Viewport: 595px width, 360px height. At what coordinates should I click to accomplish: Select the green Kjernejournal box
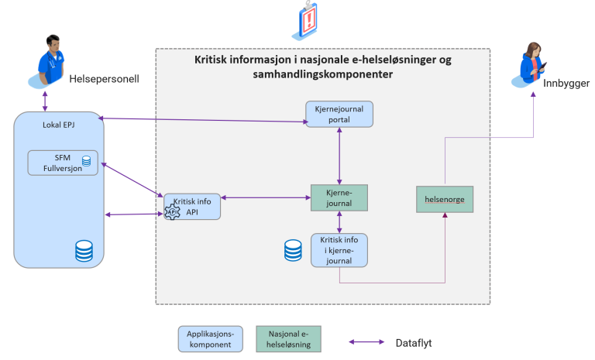coord(339,198)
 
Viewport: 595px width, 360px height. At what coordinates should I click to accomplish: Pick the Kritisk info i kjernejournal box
coord(339,249)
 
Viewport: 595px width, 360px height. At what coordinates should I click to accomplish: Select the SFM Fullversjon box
coord(63,162)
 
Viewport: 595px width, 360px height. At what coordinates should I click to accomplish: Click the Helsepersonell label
coord(104,77)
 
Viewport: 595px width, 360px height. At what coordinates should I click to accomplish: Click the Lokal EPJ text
coord(58,124)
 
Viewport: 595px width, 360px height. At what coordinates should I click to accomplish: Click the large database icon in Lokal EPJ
coord(84,250)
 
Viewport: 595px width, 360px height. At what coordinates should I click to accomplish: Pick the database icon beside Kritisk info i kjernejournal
coord(293,249)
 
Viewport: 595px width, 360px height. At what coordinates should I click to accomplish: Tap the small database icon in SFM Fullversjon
coord(86,161)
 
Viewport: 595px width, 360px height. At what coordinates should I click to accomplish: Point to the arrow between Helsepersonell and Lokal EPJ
coord(45,101)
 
